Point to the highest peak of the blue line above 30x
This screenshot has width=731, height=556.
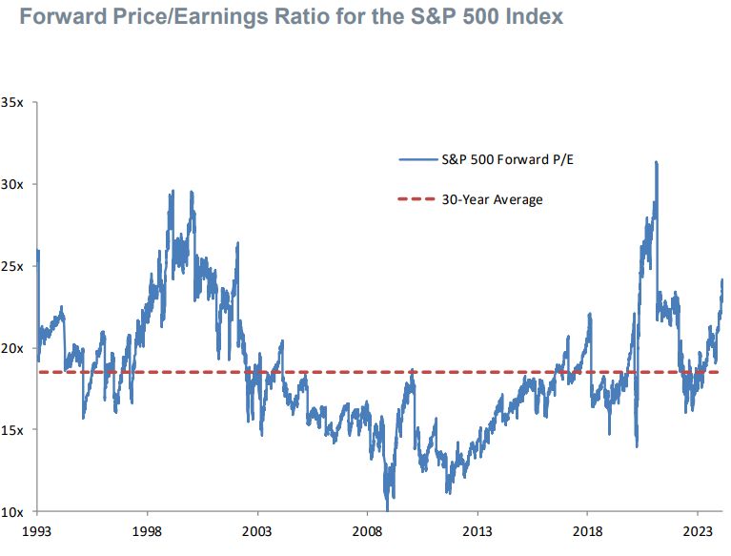(657, 163)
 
